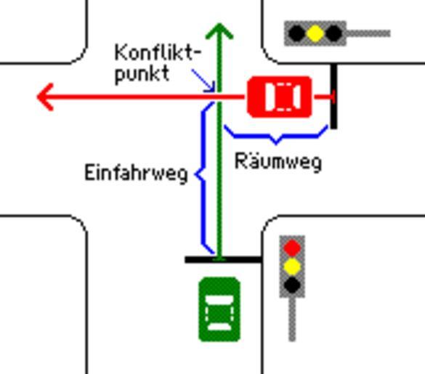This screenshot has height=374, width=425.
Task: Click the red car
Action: [x=280, y=97]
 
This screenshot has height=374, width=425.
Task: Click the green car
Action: [x=219, y=309]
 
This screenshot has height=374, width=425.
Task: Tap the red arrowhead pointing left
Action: [x=45, y=97]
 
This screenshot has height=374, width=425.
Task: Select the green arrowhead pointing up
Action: [x=219, y=31]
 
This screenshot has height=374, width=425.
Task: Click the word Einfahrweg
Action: [x=136, y=174]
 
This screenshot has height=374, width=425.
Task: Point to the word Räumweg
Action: [x=278, y=162]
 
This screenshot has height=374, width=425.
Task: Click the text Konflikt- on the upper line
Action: [x=158, y=52]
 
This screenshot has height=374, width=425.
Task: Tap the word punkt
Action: [x=142, y=74]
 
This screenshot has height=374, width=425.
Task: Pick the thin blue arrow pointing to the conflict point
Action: [x=203, y=81]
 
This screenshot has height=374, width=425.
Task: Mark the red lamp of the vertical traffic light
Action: [x=292, y=248]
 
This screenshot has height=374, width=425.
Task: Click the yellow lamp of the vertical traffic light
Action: [x=292, y=267]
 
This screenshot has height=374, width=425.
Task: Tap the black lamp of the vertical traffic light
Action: [x=292, y=285]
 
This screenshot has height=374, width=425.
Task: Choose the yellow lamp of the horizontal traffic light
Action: [x=315, y=33]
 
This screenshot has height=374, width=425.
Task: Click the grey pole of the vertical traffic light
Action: [x=292, y=320]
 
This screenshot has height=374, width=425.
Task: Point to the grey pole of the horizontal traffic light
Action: [x=368, y=33]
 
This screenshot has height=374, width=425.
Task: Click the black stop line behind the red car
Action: [x=334, y=96]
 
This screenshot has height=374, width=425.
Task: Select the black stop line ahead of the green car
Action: [x=224, y=260]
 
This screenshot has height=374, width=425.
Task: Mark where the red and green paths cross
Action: [x=219, y=97]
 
